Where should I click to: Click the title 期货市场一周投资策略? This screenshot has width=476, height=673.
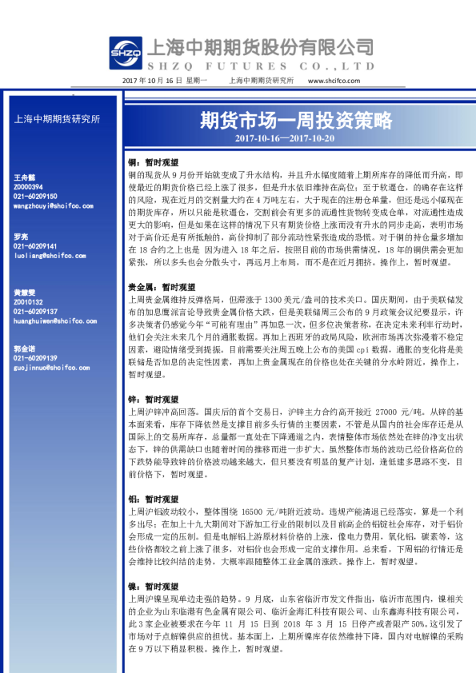[295, 121]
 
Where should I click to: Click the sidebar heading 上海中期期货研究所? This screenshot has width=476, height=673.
[58, 119]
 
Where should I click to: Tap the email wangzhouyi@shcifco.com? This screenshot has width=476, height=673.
[54, 205]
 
